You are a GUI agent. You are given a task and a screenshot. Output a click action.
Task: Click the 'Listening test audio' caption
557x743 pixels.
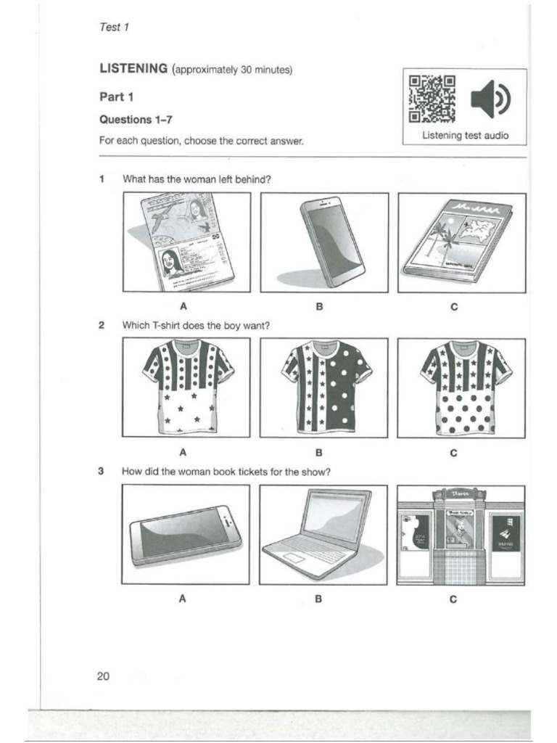click(466, 136)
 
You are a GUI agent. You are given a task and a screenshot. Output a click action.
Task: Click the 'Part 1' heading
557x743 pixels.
click(116, 96)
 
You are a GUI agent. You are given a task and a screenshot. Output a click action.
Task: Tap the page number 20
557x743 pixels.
click(103, 676)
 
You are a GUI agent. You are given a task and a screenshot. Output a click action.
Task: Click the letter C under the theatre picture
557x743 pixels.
click(453, 599)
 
